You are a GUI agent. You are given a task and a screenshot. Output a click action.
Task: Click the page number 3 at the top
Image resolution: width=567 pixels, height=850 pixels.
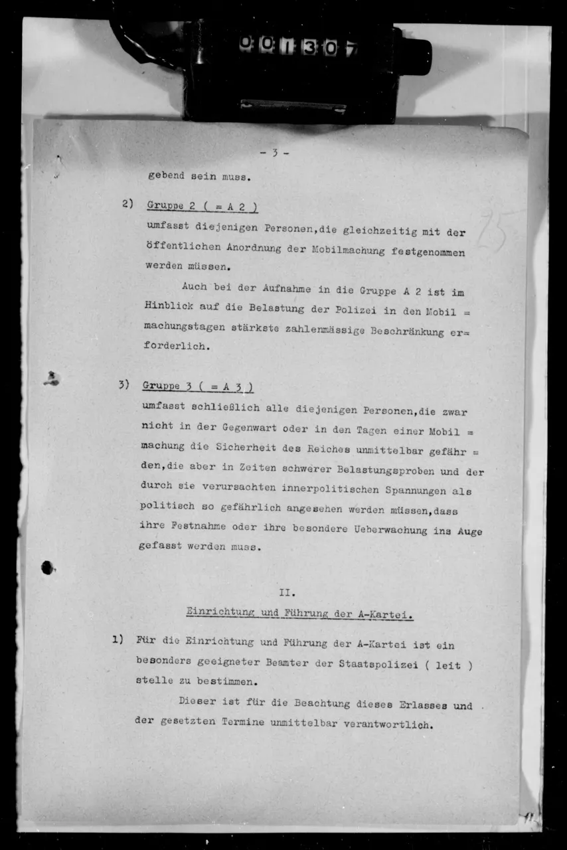coord(274,153)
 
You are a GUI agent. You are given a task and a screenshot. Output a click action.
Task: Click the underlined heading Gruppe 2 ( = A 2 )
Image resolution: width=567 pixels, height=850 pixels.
coord(202,207)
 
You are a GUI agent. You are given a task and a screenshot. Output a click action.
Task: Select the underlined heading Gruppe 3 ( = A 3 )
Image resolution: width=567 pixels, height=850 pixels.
coord(197,386)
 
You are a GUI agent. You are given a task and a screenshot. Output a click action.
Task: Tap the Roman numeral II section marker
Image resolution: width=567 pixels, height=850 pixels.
coord(287,592)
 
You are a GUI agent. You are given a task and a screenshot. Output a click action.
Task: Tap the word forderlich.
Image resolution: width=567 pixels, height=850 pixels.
coord(175,346)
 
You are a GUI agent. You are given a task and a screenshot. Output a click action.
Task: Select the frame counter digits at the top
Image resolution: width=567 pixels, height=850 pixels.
coord(299,46)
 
